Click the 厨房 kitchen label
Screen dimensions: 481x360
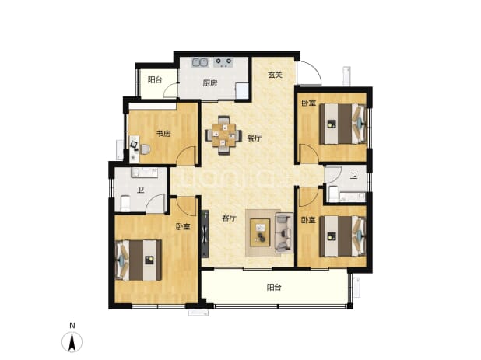[x=210, y=83]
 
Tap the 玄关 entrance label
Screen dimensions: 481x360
[x=275, y=75]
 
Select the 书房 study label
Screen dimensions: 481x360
[x=163, y=134]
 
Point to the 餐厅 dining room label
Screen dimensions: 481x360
[x=255, y=138]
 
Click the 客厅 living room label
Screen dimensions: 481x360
[x=230, y=218]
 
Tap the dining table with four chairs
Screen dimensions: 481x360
[x=223, y=135]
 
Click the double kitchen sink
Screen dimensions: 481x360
[x=200, y=62]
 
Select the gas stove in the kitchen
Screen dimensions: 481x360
[x=223, y=62]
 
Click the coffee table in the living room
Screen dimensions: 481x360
[x=260, y=232]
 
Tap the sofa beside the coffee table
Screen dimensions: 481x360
[x=284, y=233]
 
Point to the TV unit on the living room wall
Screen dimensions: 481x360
[x=205, y=234]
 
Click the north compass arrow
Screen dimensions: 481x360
[x=72, y=342]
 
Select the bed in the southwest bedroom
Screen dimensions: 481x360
[x=139, y=260]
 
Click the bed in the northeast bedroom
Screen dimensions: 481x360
[x=342, y=124]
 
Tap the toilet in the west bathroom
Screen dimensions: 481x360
[x=125, y=204]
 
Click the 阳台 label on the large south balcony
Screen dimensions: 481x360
[x=274, y=288]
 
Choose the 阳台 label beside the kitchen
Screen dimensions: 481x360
[x=155, y=80]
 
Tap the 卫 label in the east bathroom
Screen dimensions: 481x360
[x=354, y=176]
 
